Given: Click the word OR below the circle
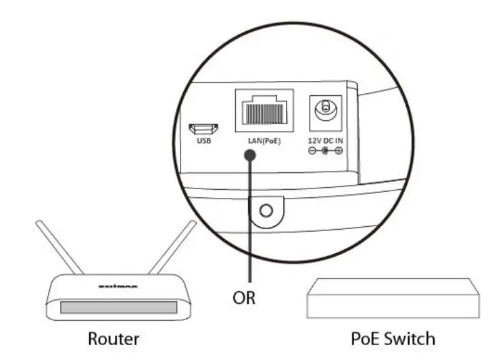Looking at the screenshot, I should pos(244,297).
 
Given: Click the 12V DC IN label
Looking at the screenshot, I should pos(324,140).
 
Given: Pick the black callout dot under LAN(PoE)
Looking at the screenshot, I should pos(251,155).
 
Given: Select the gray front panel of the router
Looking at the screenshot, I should pos(118,308).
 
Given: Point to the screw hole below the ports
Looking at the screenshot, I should pos(266,211).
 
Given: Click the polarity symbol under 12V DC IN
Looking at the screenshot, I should pos(324,151).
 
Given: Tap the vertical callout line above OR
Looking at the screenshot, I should pos(251,223).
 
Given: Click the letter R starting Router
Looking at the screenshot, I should pos(93,338).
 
